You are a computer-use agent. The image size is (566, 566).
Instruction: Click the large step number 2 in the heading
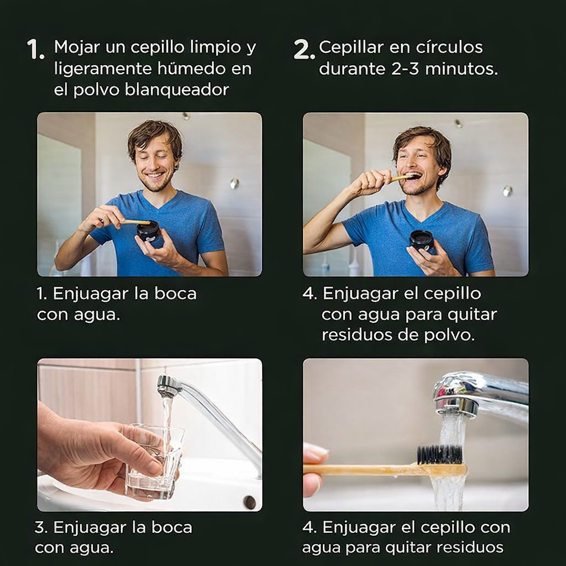(x=303, y=50)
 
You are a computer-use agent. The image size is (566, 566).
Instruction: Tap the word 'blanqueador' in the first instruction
(x=176, y=90)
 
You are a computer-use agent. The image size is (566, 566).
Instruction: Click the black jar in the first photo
(x=148, y=230)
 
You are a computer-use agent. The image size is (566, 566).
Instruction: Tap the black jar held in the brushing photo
(x=421, y=240)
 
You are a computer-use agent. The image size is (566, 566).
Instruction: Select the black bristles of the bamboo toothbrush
(x=439, y=454)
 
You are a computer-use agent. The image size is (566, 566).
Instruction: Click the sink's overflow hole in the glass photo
(x=250, y=502)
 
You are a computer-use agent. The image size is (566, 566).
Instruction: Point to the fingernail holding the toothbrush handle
(x=315, y=454)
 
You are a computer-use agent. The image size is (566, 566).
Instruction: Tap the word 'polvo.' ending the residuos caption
(x=453, y=335)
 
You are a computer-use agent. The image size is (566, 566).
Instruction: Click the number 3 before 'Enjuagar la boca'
(x=40, y=527)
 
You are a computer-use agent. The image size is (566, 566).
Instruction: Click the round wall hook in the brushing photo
(x=507, y=191)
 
